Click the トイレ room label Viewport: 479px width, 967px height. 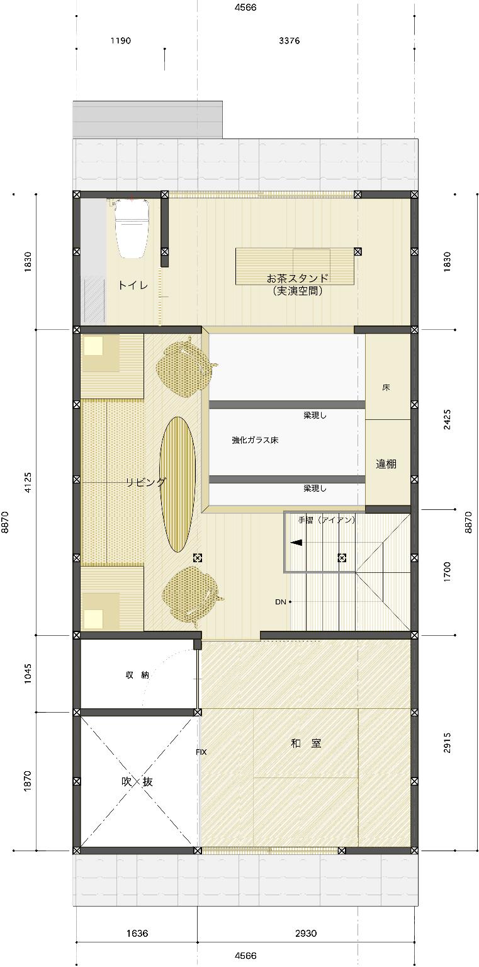pos(133,285)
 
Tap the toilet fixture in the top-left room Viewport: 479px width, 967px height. pos(132,228)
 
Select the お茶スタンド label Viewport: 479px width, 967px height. pos(298,278)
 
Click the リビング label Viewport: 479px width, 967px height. pos(145,482)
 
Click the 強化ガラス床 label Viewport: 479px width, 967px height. pos(255,440)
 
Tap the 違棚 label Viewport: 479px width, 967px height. pos(386,464)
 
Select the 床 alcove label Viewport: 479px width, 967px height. pos(386,387)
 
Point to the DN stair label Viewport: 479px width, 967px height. pos(281,602)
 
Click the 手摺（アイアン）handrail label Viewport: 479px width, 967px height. pos(327,520)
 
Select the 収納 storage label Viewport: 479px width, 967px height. pos(137,675)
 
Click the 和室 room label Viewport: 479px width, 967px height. pos(306,744)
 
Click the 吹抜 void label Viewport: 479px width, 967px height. pos(136,782)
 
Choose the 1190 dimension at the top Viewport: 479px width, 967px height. pos(121,40)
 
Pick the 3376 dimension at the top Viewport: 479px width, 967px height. pos(289,40)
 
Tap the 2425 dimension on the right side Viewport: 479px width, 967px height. pos(447,419)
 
